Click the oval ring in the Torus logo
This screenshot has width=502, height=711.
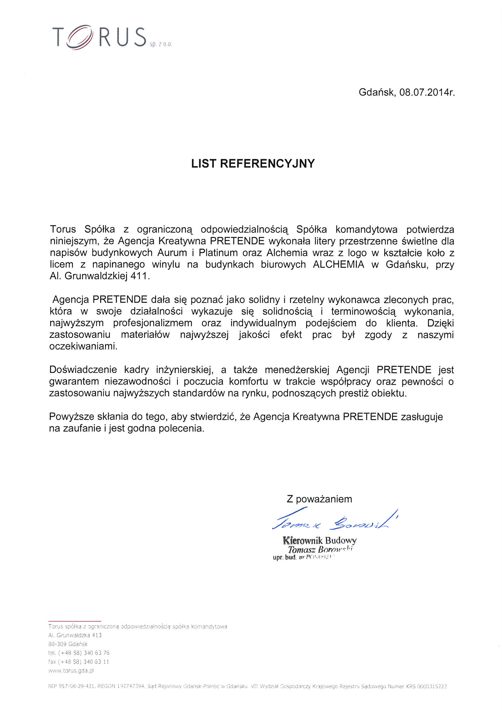pos(80,37)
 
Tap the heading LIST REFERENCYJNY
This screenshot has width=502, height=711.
pos(253,164)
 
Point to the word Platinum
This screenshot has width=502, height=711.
pos(218,253)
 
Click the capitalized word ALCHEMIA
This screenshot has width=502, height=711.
pos(338,264)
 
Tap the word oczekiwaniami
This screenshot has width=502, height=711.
pos(83,346)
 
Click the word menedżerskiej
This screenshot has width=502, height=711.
pos(297,370)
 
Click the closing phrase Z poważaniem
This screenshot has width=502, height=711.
pos(319,499)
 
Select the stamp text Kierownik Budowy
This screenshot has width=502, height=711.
pos(320,540)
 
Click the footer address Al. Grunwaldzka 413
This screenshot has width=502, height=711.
pos(75,635)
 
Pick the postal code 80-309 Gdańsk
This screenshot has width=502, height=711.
pos(68,644)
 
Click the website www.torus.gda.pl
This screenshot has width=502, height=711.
pos(71,670)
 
